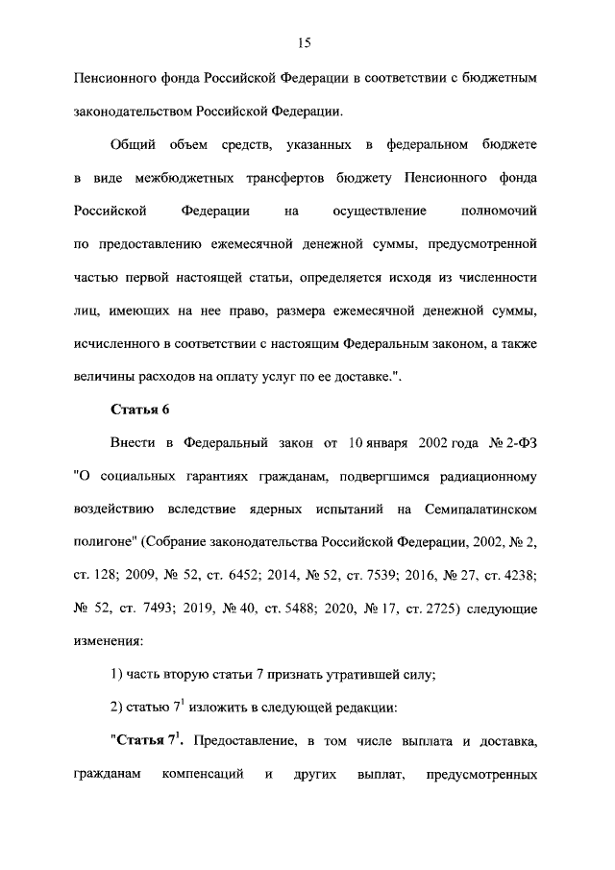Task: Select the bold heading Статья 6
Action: pyautogui.click(x=140, y=410)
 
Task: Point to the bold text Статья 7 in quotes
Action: pyautogui.click(x=148, y=741)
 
